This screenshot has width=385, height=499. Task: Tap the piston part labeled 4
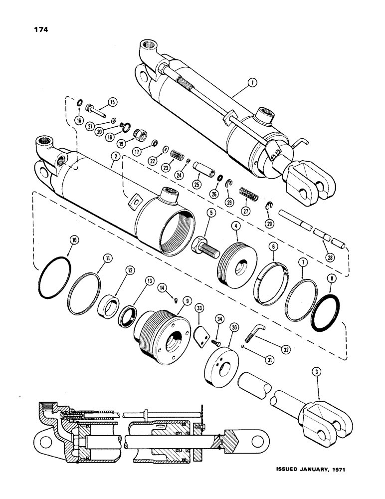pyautogui.click(x=237, y=259)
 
